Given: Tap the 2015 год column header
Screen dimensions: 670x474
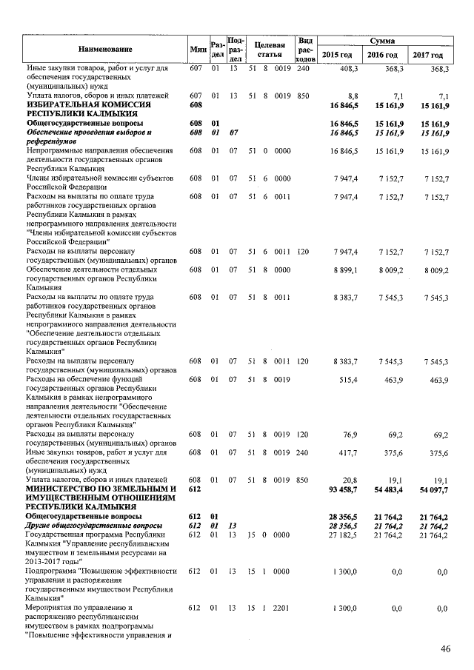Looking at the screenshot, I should click(x=338, y=56).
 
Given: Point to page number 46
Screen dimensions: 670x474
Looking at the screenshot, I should click(x=446, y=649).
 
